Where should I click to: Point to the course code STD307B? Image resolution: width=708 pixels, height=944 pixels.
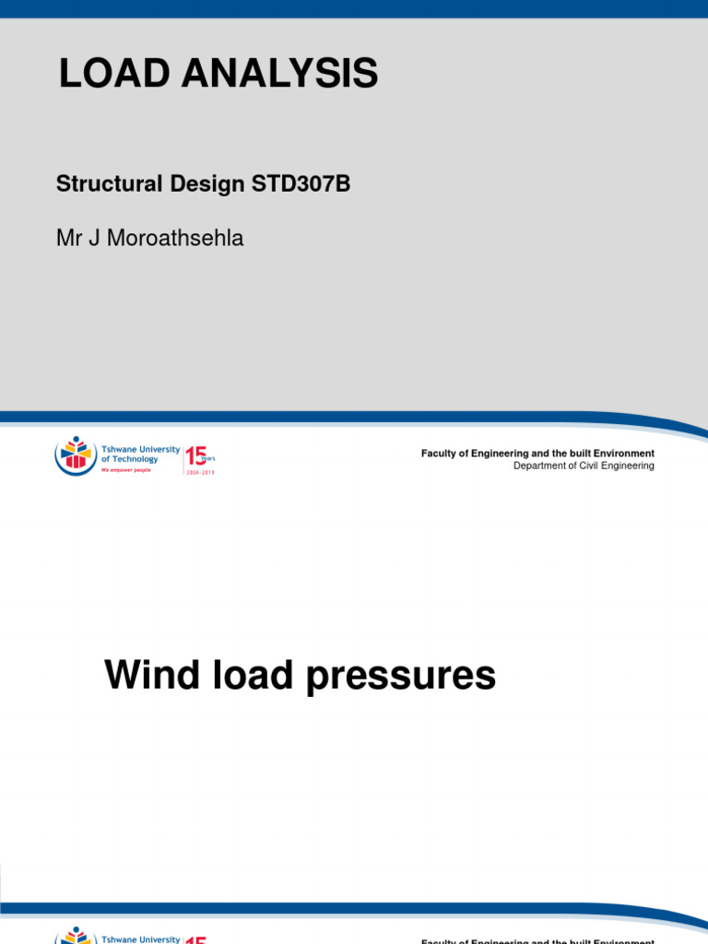[301, 183]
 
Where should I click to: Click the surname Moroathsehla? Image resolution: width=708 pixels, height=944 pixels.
[175, 239]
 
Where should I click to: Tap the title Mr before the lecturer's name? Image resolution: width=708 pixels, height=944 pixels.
[69, 239]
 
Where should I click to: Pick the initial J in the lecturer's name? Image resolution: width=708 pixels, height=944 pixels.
[95, 239]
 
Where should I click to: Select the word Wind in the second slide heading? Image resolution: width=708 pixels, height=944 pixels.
[148, 676]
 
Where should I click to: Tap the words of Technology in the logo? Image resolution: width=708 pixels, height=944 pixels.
[130, 459]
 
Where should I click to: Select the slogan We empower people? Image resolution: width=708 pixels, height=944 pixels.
[125, 469]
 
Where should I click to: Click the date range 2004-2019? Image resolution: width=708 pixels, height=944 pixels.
[200, 471]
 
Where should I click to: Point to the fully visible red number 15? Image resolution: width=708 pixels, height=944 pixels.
[195, 455]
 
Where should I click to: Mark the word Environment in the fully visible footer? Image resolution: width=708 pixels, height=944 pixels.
[624, 454]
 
